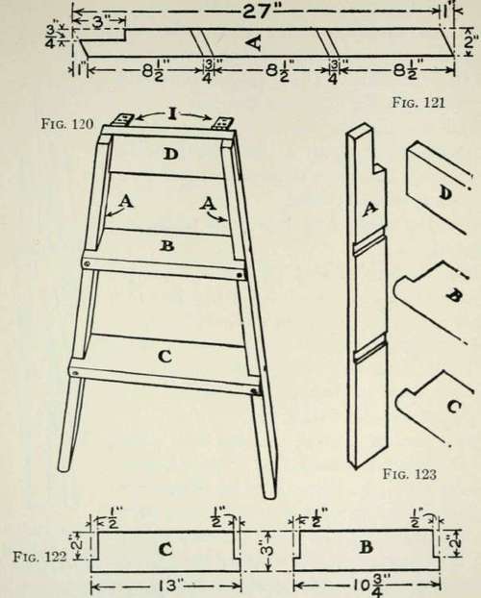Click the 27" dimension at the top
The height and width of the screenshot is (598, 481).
click(257, 12)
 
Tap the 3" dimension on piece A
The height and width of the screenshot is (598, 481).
click(98, 22)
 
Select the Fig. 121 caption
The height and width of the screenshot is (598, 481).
click(418, 103)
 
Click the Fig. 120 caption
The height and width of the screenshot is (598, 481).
click(67, 124)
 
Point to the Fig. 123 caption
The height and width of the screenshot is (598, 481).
click(409, 474)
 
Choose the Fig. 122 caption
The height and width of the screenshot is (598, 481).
click(40, 557)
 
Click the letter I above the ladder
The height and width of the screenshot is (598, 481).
click(172, 113)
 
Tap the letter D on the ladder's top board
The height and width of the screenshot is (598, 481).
click(171, 154)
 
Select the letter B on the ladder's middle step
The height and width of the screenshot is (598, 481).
click(166, 246)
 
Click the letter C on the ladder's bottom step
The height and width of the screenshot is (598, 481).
click(165, 357)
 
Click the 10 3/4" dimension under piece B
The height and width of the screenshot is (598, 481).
click(367, 585)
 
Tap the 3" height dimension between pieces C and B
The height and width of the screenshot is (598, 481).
click(268, 550)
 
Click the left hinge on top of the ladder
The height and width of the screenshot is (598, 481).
click(122, 120)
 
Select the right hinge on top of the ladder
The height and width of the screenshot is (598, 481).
click(222, 123)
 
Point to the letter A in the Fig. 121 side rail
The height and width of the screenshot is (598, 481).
click(255, 42)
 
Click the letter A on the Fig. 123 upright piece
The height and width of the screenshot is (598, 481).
click(369, 209)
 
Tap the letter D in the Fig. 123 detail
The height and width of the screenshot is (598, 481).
click(444, 194)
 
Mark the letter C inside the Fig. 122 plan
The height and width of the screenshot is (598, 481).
click(165, 550)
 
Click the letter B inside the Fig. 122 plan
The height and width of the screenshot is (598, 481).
click(367, 547)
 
